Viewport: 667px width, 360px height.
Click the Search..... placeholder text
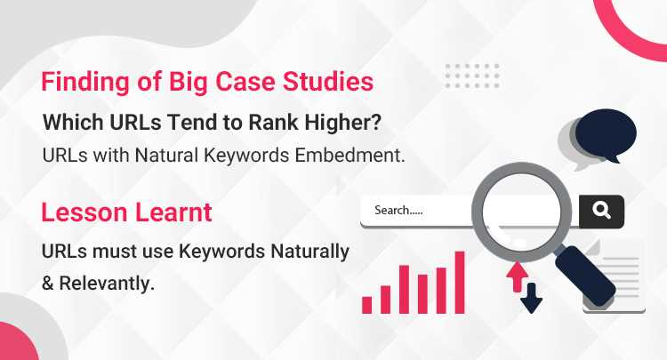click(398, 211)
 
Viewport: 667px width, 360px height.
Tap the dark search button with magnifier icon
click(601, 211)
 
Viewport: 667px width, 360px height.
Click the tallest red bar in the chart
click(460, 282)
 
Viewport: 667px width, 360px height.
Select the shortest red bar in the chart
click(367, 304)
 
